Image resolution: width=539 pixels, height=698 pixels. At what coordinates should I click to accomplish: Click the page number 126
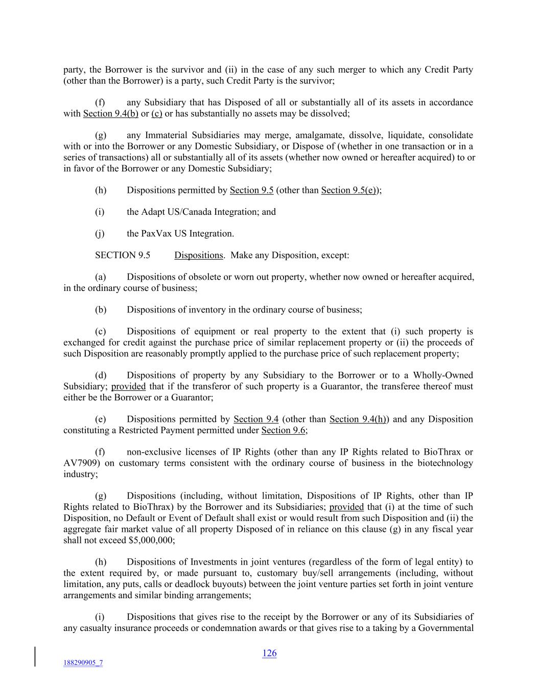[269, 653]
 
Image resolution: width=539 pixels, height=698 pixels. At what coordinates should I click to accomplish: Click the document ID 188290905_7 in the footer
[83, 663]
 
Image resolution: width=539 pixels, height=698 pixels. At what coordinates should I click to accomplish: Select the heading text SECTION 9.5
[123, 255]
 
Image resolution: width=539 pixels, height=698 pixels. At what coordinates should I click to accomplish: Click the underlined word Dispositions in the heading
[199, 255]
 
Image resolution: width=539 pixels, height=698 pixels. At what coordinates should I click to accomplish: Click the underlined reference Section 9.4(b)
[110, 114]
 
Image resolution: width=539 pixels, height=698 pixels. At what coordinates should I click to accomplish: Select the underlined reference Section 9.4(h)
[358, 419]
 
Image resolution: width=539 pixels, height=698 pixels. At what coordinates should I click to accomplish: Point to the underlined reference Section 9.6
[283, 431]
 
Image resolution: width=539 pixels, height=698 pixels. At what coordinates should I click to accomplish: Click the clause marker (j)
[100, 234]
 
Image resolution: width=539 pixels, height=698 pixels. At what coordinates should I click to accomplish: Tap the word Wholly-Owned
[442, 375]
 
